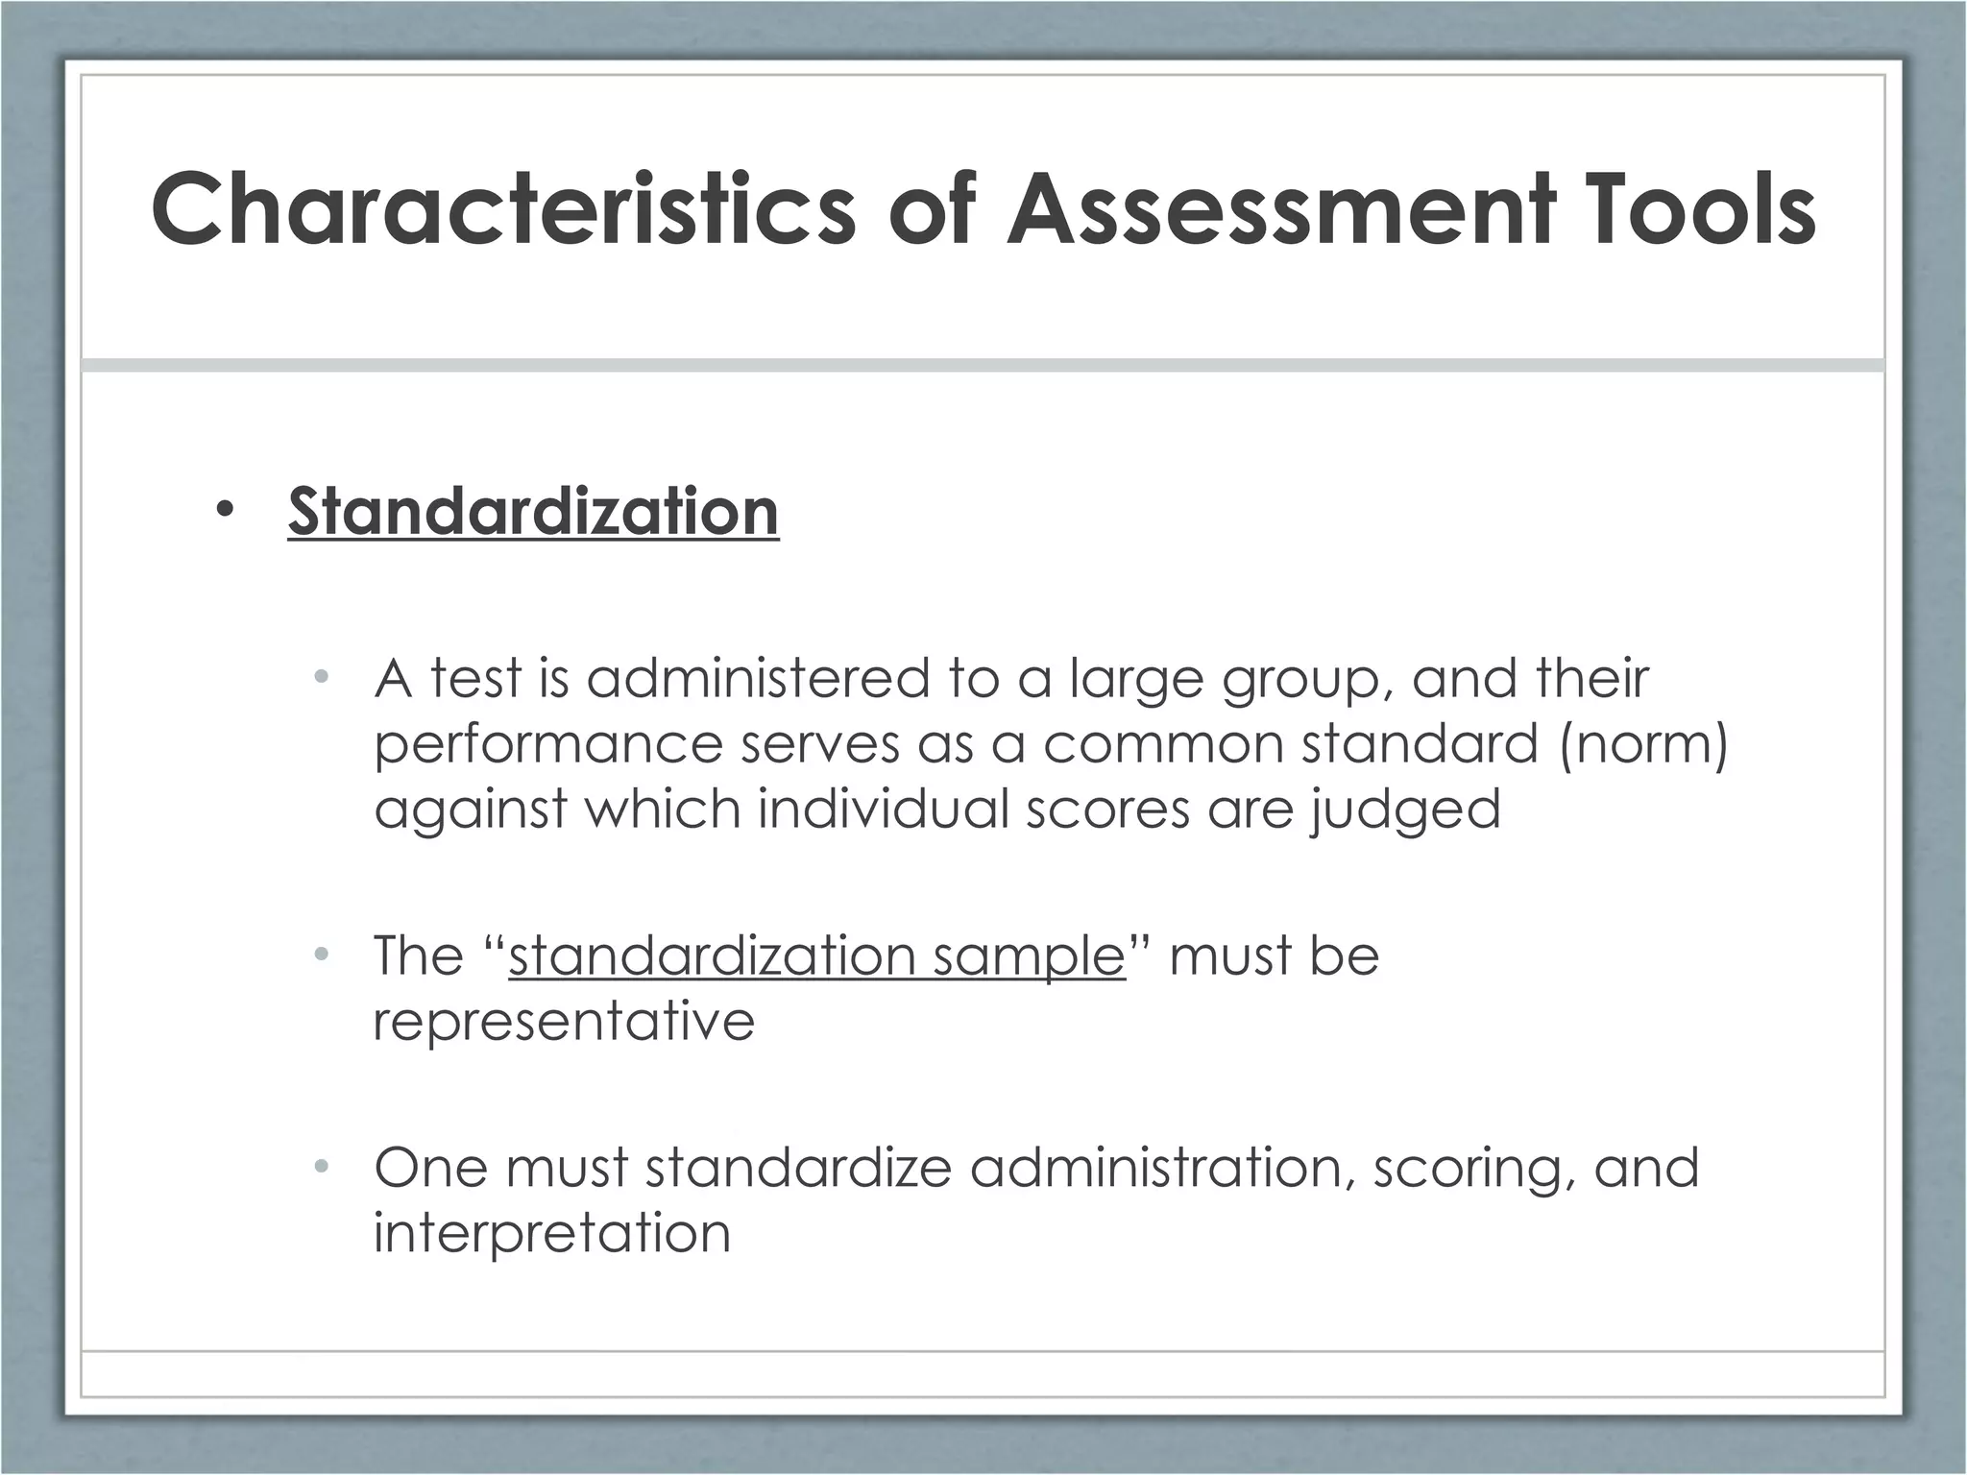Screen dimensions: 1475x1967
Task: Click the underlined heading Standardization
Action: (x=533, y=511)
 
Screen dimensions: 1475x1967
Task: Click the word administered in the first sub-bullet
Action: (x=758, y=678)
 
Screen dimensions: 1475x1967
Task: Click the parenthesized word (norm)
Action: (x=1643, y=744)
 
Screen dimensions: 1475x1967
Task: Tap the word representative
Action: (x=564, y=1021)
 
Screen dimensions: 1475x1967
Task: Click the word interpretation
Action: (x=552, y=1234)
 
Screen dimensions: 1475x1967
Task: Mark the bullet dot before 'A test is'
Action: (x=322, y=678)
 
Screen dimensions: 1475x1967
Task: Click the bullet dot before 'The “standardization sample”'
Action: (x=322, y=955)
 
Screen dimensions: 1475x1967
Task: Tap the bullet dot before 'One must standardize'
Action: (x=322, y=1168)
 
